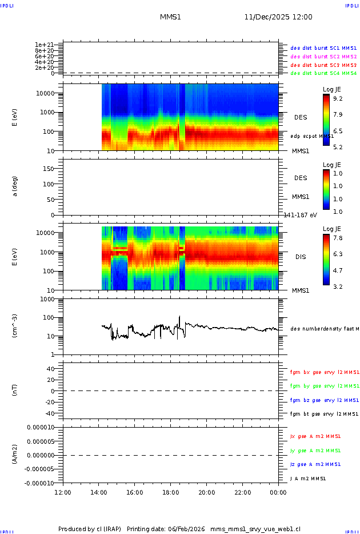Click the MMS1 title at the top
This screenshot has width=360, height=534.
pyautogui.click(x=170, y=17)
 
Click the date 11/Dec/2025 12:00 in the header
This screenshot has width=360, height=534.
pyautogui.click(x=278, y=17)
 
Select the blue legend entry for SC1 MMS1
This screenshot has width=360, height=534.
pyautogui.click(x=323, y=49)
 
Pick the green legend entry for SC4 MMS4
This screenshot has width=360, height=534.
pyautogui.click(x=323, y=73)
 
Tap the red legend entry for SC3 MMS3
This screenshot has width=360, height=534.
pyautogui.click(x=323, y=65)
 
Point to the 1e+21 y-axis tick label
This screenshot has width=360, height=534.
pyautogui.click(x=44, y=45)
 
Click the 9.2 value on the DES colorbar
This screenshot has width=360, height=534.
pyautogui.click(x=338, y=99)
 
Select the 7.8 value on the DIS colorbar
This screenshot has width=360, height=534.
pyautogui.click(x=338, y=238)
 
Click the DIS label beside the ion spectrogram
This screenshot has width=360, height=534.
pyautogui.click(x=301, y=257)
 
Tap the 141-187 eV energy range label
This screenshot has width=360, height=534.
pyautogui.click(x=300, y=214)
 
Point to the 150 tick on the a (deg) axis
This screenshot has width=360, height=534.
pyautogui.click(x=49, y=169)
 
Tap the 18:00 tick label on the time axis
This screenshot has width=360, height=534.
pyautogui.click(x=170, y=492)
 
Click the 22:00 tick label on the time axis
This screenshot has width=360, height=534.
pyautogui.click(x=242, y=492)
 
